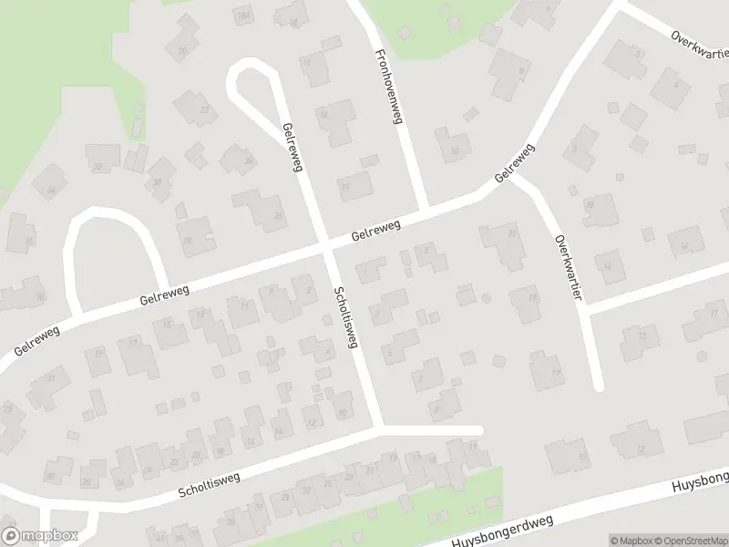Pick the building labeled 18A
pyautogui.click(x=242, y=15)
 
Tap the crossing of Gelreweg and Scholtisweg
pyautogui.click(x=326, y=247)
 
